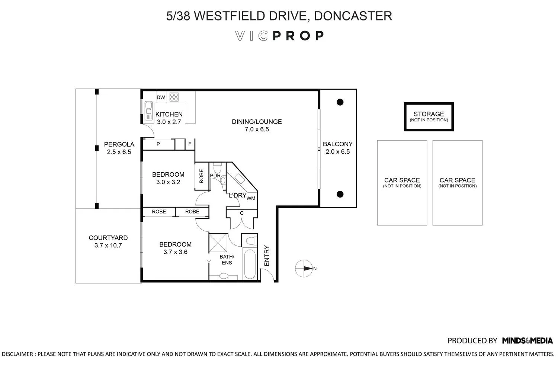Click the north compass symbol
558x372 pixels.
tap(304, 268)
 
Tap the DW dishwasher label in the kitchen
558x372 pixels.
tap(161, 97)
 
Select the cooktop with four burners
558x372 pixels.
tap(174, 97)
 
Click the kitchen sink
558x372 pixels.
tap(148, 111)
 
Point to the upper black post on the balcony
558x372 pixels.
tap(340, 102)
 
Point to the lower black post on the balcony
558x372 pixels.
tap(340, 194)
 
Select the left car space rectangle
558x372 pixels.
tap(402, 183)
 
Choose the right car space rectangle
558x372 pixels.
tap(457, 183)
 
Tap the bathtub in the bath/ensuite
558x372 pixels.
tap(250, 264)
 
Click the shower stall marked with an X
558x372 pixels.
tap(218, 242)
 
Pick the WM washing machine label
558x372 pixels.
tap(251, 198)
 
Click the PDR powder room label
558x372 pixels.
tap(215, 176)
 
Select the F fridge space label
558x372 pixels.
tap(190, 144)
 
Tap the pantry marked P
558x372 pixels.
tap(158, 144)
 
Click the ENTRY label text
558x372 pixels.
tap(267, 256)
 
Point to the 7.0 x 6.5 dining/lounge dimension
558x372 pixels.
tap(257, 129)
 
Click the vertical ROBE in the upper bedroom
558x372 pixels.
tap(201, 176)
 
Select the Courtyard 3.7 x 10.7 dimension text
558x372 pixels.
tap(108, 246)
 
